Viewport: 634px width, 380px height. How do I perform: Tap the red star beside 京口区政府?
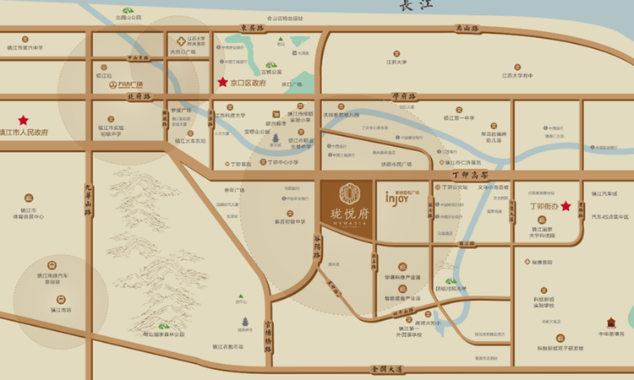pos(223,83)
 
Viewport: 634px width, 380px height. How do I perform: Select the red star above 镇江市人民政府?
pos(24,120)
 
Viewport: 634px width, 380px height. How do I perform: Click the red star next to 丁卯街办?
pos(566,205)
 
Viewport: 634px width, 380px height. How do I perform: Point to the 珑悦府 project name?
pos(349,213)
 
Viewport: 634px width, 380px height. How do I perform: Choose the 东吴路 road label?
pos(252,28)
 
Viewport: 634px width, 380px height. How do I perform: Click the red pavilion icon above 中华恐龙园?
pos(612,323)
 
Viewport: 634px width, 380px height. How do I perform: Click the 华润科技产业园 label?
pos(402,277)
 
